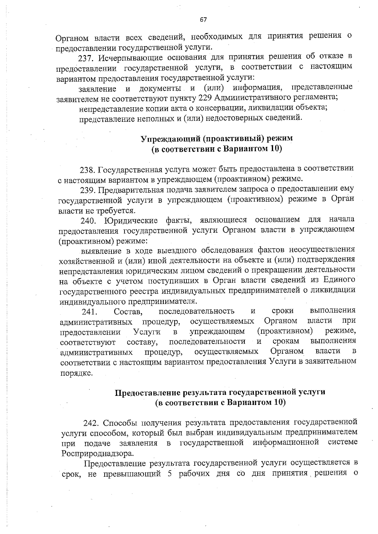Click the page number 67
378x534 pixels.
pyautogui.click(x=203, y=20)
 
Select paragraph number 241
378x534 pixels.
pyautogui.click(x=89, y=312)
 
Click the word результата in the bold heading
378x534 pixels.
pyautogui.click(x=205, y=392)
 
